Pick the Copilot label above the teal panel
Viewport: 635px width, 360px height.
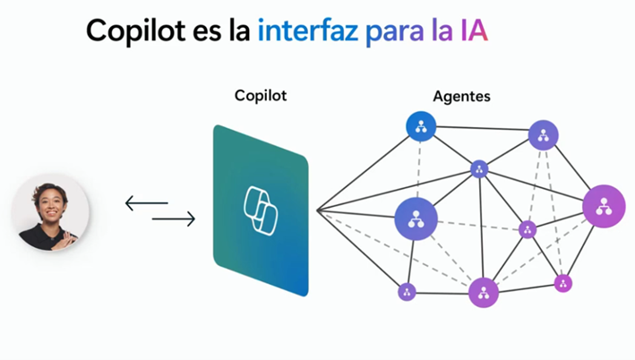(261, 95)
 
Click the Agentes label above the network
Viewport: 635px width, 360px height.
(461, 96)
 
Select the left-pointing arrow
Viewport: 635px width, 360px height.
(145, 203)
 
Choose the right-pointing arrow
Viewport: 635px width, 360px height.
(174, 219)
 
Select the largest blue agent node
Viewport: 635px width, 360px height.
(416, 219)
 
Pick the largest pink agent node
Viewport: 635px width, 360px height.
(603, 206)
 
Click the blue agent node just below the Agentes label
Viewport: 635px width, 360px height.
(420, 126)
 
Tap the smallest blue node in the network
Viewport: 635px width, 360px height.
(479, 169)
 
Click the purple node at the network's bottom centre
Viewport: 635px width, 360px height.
(483, 293)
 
